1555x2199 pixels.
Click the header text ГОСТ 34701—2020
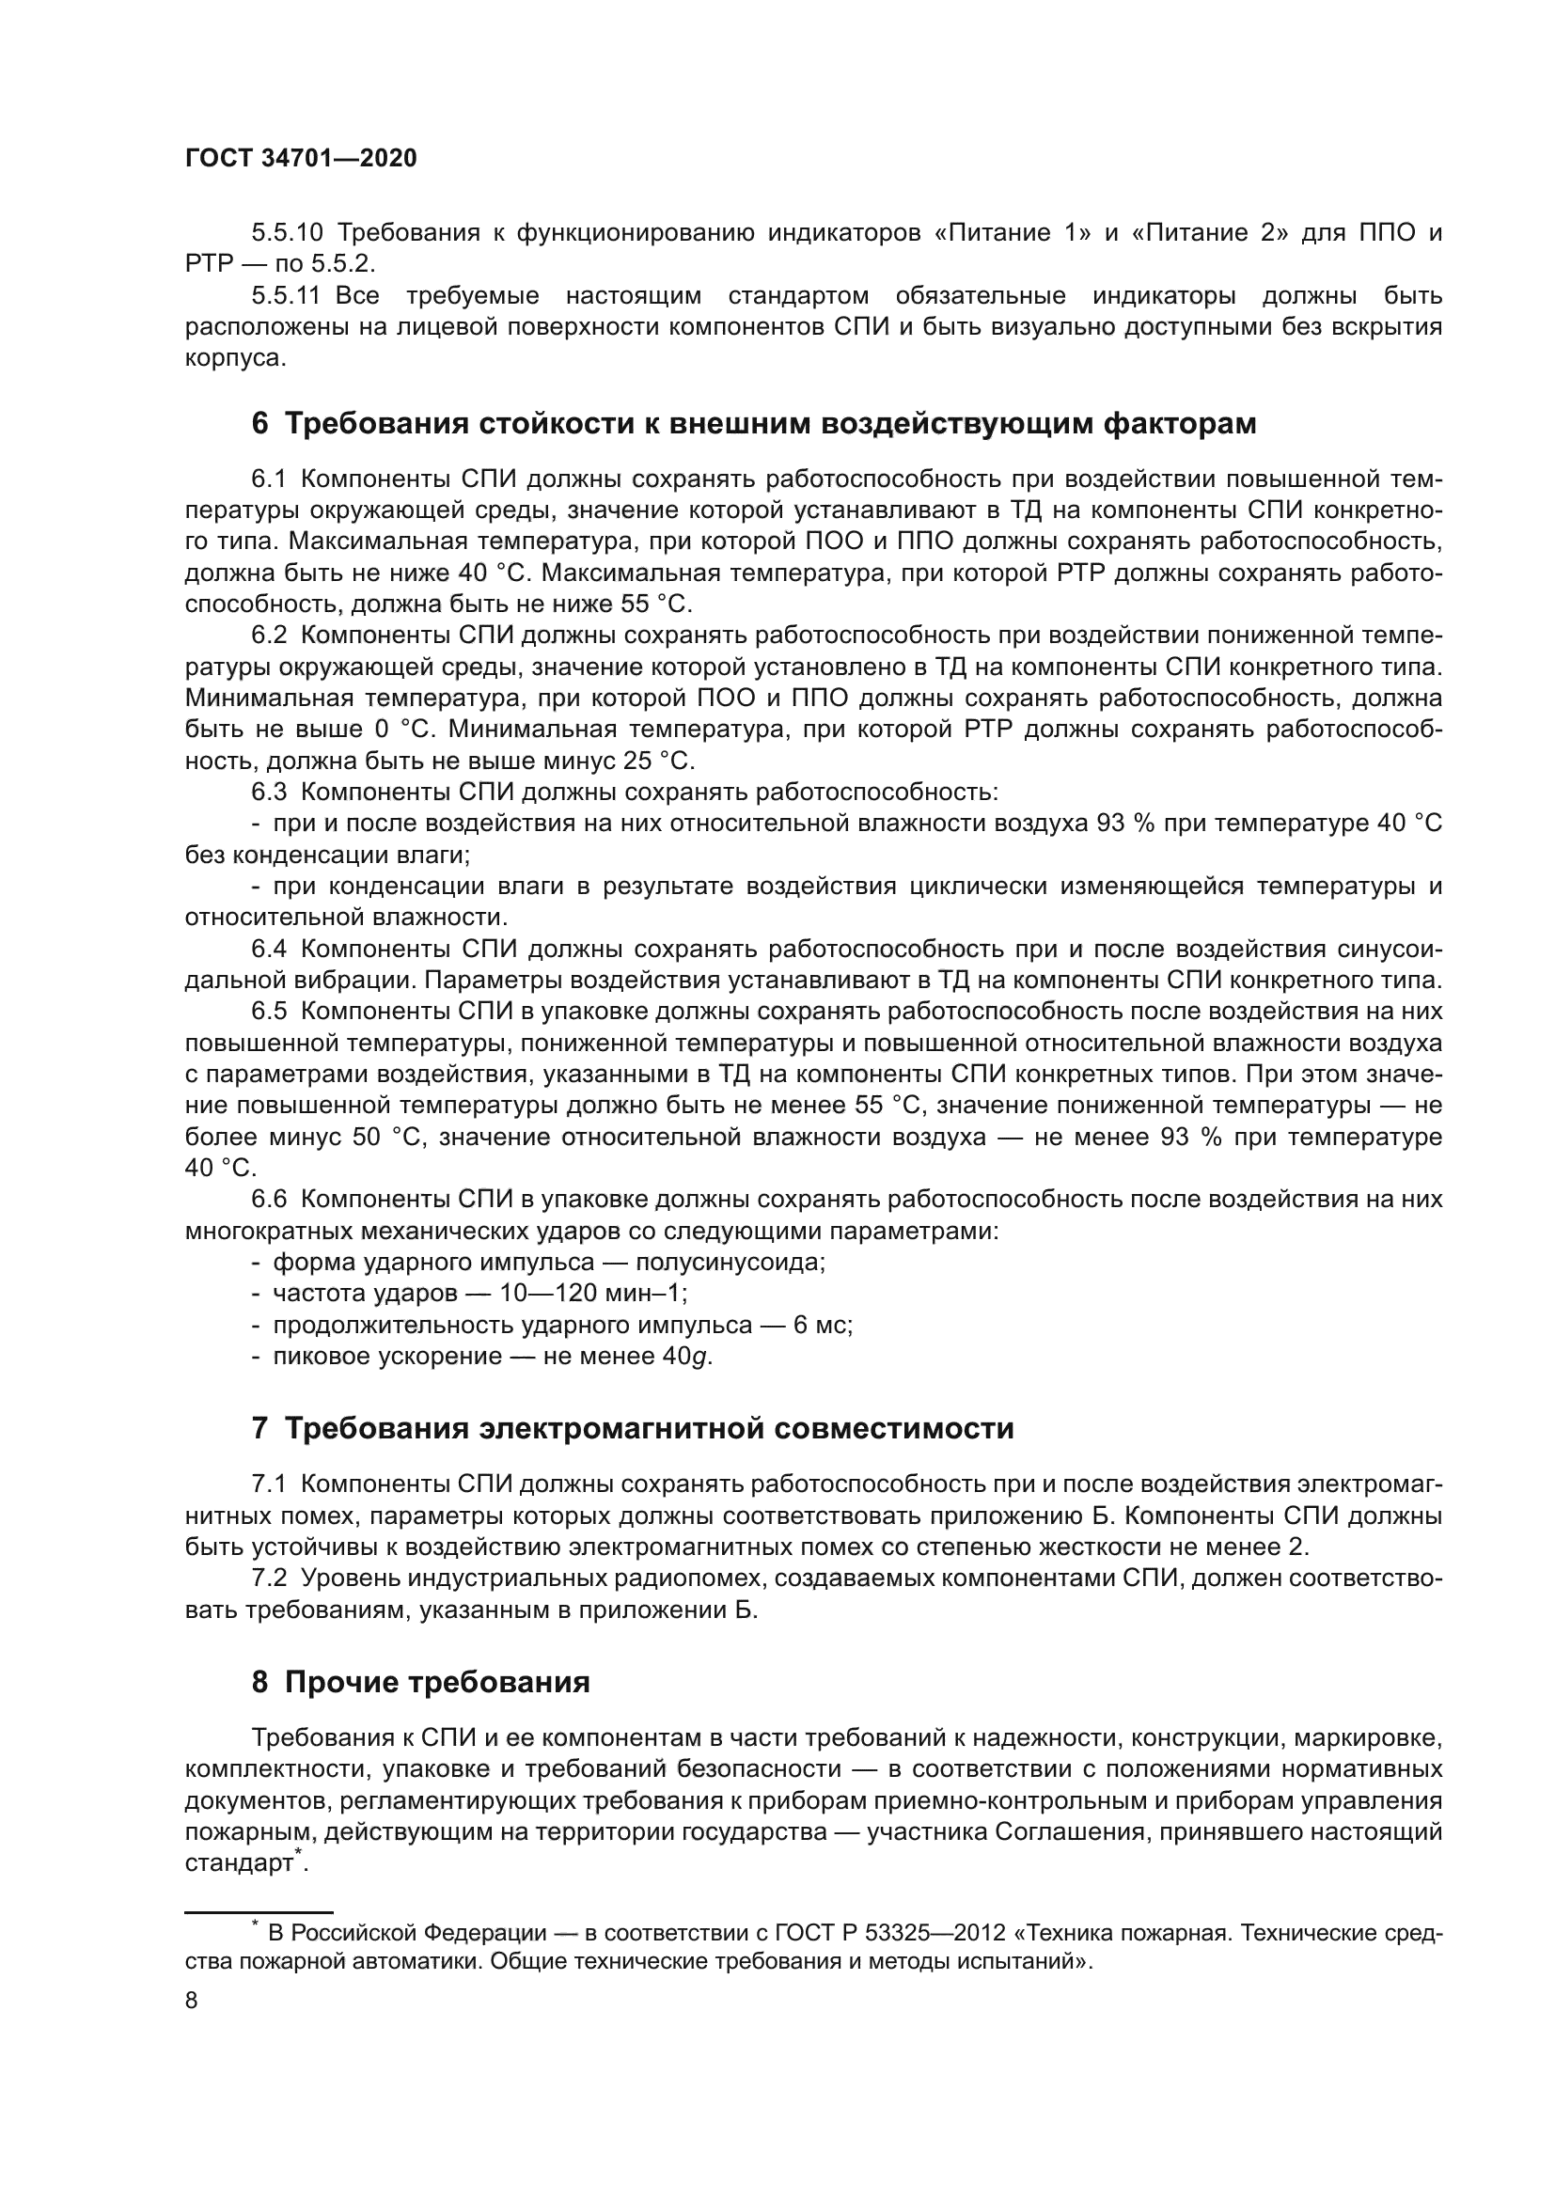click(x=301, y=158)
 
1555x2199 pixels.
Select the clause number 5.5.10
click(x=288, y=233)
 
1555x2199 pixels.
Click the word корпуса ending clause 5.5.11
click(x=235, y=359)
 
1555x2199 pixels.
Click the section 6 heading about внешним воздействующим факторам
click(x=754, y=423)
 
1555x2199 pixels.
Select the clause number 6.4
click(x=269, y=950)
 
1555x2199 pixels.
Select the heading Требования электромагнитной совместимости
click(x=632, y=1429)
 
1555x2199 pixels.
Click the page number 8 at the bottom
click(x=192, y=2001)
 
